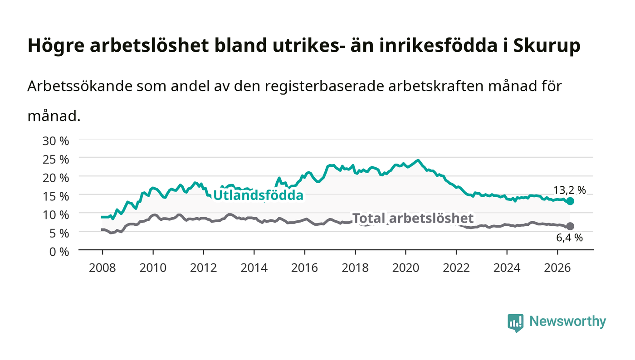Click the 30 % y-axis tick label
(55, 141)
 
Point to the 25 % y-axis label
(55, 160)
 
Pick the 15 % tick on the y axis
(55, 196)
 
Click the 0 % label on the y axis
(59, 252)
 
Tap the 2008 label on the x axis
(103, 268)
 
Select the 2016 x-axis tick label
(304, 268)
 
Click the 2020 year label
(405, 268)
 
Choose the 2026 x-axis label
(557, 268)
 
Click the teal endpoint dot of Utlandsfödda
(570, 201)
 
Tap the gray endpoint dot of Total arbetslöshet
(570, 226)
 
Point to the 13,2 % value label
(570, 190)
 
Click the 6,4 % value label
(570, 238)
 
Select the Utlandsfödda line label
(258, 195)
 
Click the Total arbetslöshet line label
(413, 218)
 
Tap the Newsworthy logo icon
(516, 323)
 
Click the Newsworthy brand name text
(567, 321)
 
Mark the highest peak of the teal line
(418, 160)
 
